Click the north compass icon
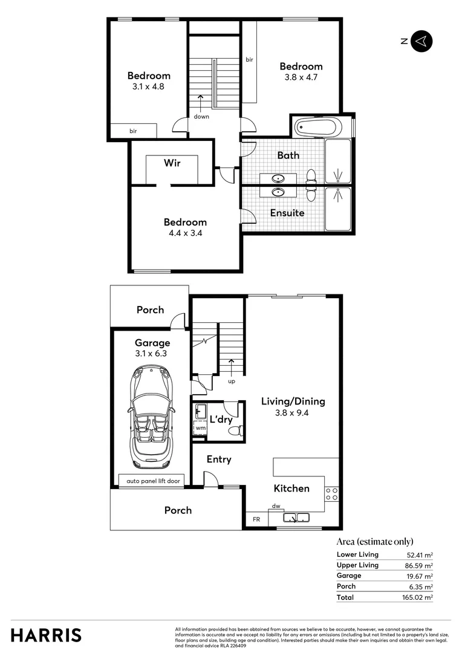[421, 41]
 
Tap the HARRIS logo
[46, 635]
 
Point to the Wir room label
[172, 163]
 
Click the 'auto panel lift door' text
[153, 481]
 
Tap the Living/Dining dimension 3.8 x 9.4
[293, 414]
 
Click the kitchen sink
[296, 518]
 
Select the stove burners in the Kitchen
[331, 493]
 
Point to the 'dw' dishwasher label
[276, 506]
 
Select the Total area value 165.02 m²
[419, 597]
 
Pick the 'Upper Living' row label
[357, 565]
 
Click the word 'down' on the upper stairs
[201, 117]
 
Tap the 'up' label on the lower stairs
[231, 382]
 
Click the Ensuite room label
[287, 213]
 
